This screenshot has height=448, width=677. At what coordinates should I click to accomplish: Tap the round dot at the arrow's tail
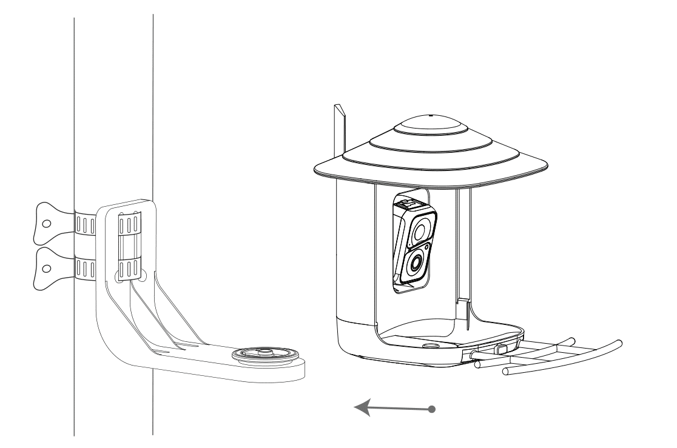click(431, 409)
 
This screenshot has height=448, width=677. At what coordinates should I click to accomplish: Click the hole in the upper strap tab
click(45, 222)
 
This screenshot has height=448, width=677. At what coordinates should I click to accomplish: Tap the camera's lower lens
click(416, 262)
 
